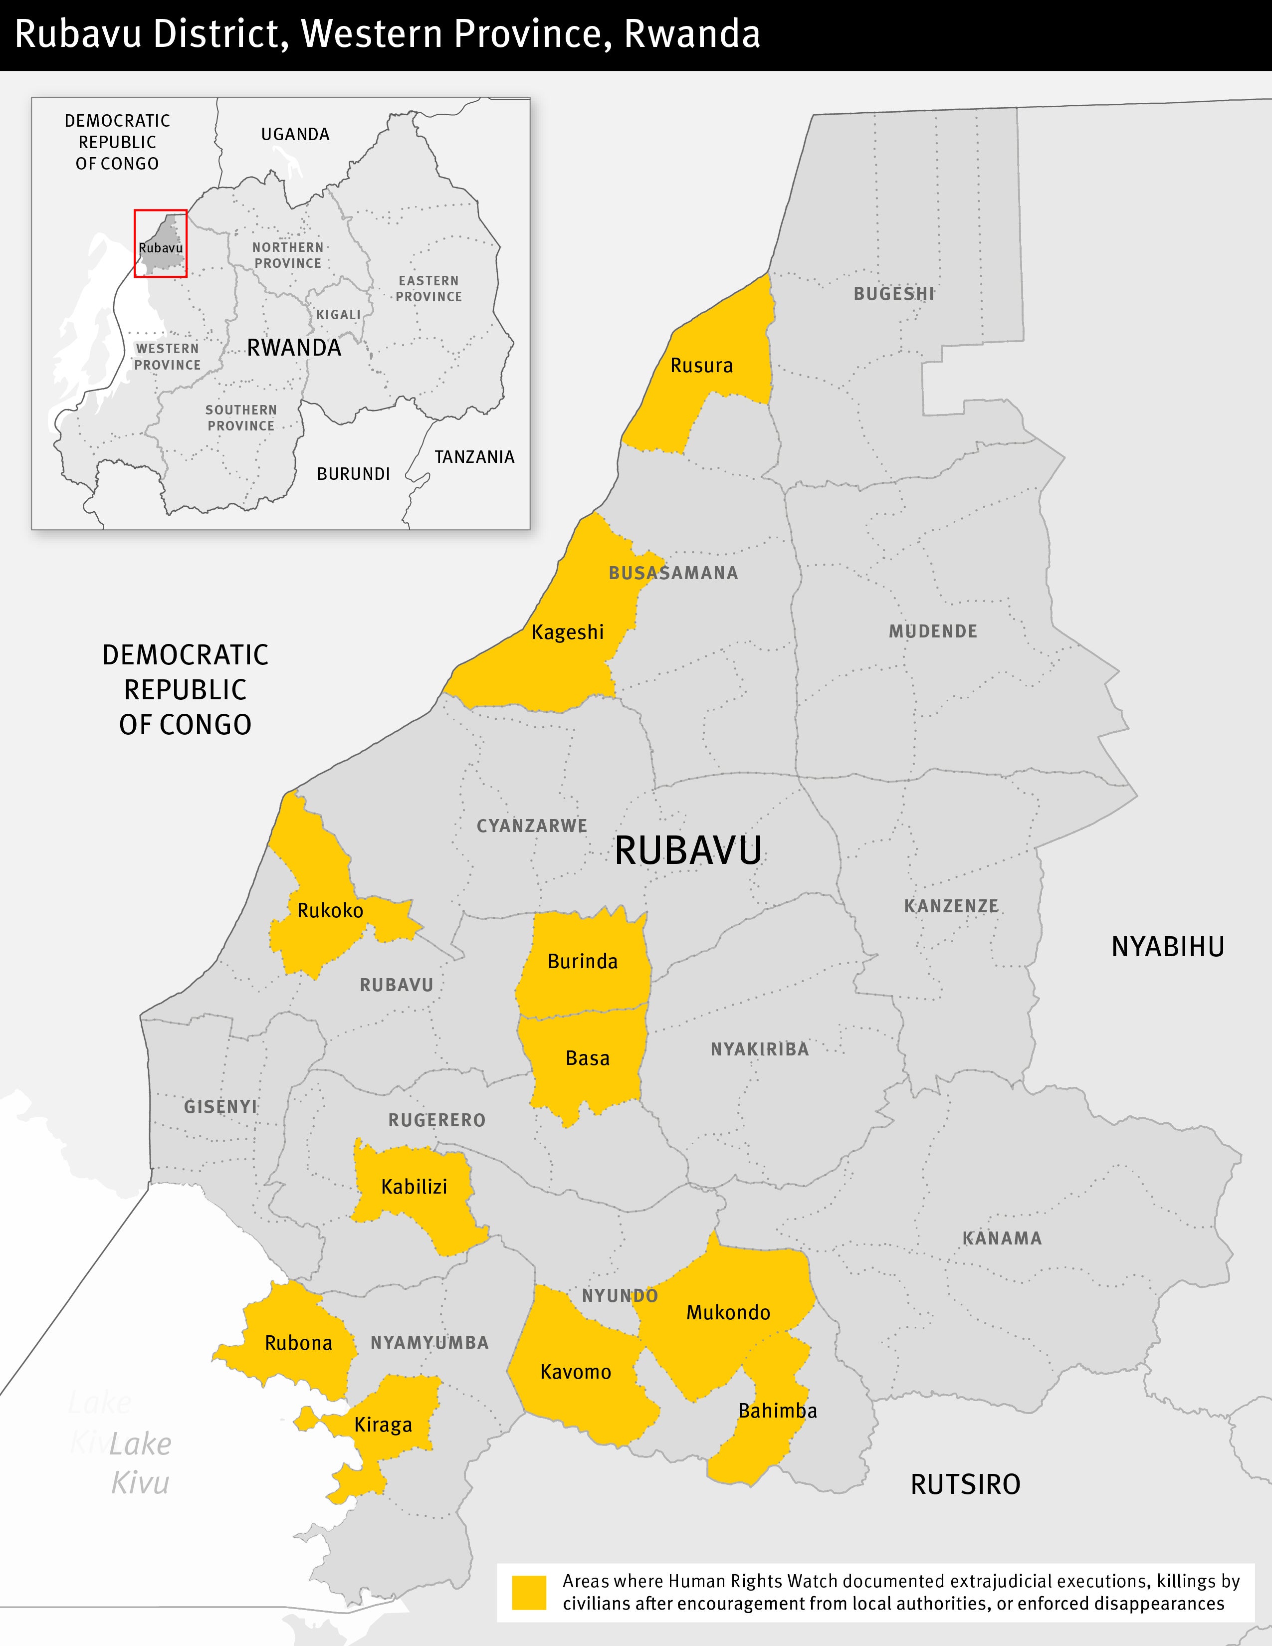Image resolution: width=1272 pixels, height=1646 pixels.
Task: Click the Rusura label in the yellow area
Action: point(701,366)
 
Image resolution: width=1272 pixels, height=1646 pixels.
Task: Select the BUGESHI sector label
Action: point(894,294)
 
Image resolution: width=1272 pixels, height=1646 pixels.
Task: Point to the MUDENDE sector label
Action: point(932,631)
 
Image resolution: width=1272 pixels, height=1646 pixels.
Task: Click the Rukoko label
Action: point(330,910)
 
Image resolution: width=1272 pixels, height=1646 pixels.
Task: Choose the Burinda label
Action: point(583,962)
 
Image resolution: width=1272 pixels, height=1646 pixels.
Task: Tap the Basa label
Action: point(587,1058)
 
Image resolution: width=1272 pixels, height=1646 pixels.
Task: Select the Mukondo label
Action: point(728,1313)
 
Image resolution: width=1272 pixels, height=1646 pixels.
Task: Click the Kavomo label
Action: point(576,1372)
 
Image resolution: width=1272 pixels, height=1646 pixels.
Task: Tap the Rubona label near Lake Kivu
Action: point(298,1343)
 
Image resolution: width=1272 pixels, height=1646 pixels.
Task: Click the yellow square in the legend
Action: point(529,1593)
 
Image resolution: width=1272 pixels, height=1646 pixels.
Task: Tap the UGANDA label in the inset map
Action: point(295,135)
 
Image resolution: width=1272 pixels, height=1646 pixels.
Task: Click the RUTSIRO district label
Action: point(965,1485)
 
